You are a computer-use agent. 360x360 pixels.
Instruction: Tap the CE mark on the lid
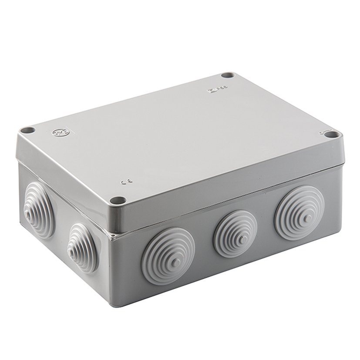pos(123,183)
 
